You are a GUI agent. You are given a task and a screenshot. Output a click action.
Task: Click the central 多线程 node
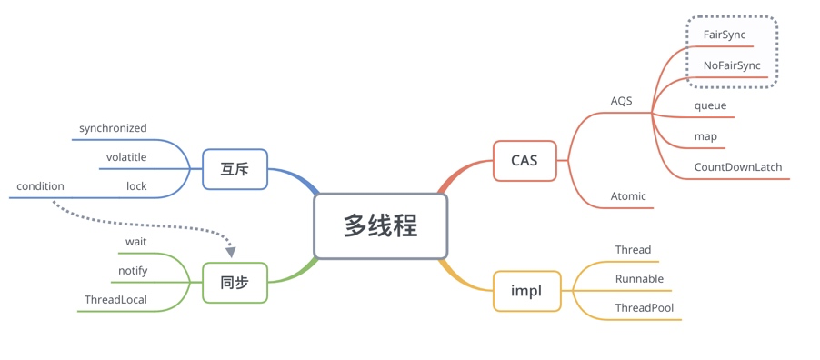click(381, 226)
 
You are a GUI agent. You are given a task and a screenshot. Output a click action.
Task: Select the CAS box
click(525, 161)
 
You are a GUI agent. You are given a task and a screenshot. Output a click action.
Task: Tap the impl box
click(525, 291)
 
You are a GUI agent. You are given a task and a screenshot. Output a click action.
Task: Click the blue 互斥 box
click(235, 169)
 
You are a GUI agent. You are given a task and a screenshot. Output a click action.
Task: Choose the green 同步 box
click(235, 283)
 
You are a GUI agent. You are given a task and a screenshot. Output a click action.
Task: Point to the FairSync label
click(725, 35)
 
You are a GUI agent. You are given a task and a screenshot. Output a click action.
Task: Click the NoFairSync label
click(732, 66)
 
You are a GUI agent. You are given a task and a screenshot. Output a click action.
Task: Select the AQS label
click(621, 101)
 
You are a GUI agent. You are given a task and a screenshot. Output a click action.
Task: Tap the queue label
click(710, 105)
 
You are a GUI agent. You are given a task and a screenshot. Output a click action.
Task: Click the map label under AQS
click(705, 136)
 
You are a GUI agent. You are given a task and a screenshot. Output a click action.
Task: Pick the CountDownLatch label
click(737, 167)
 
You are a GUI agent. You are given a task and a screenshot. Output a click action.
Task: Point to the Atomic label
click(628, 195)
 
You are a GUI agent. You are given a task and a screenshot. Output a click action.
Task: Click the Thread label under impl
click(633, 250)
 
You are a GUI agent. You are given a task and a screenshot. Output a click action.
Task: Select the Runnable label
click(639, 279)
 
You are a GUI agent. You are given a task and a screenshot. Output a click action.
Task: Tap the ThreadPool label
click(644, 308)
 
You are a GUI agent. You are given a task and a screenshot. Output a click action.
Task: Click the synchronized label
click(113, 129)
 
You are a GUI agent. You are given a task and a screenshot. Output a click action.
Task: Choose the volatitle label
click(126, 157)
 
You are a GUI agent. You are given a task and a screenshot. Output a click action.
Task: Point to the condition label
click(40, 186)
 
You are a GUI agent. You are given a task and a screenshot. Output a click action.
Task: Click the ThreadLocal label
click(115, 299)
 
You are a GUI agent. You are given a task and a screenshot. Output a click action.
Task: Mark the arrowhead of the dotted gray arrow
click(231, 251)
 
